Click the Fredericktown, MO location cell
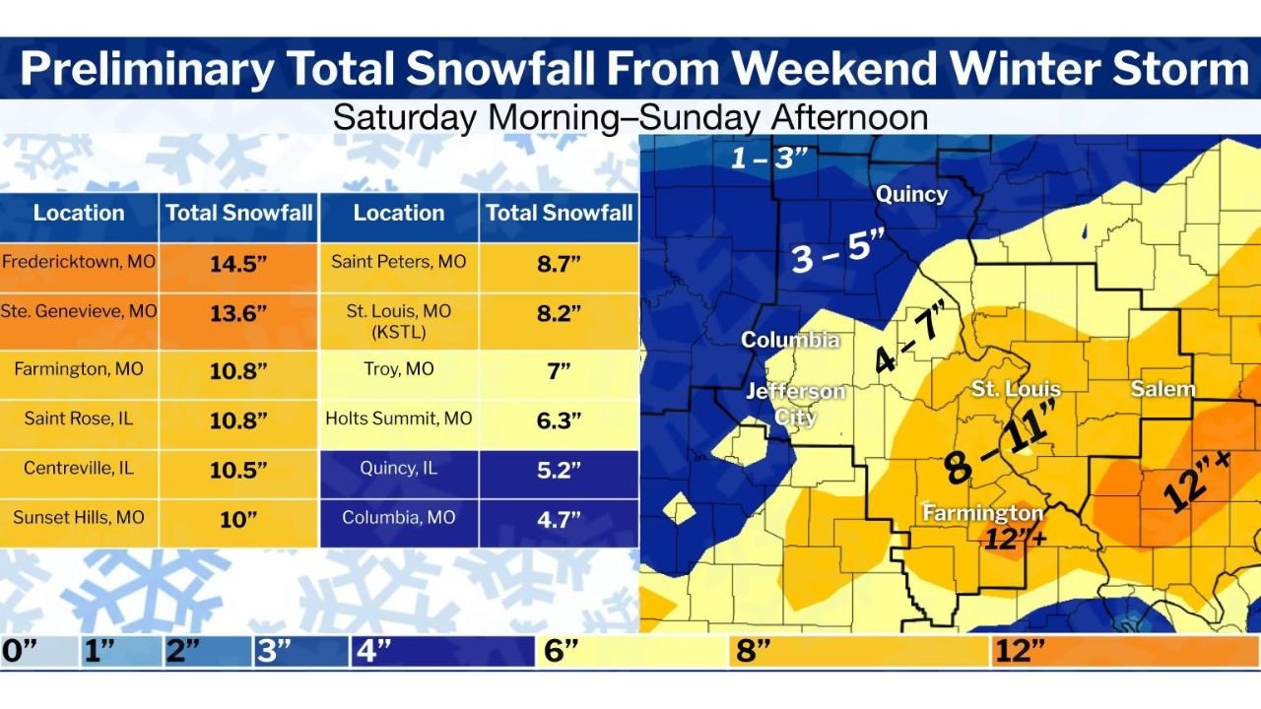79,262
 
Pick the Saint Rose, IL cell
79,419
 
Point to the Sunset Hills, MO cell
79,517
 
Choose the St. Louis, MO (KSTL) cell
399,320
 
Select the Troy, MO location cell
399,369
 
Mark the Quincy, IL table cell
399,468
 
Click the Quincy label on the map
911,194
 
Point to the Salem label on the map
1162,388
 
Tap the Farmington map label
982,513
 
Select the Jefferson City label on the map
795,404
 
